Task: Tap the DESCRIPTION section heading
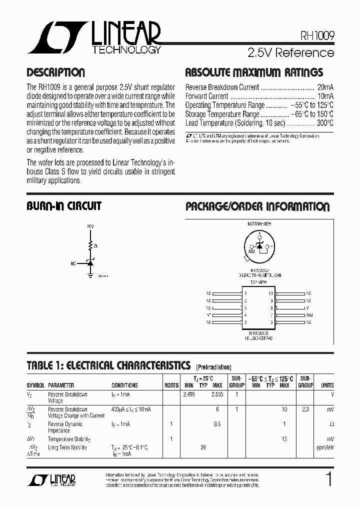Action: point(55,72)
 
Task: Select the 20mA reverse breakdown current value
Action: point(325,87)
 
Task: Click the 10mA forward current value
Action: point(325,96)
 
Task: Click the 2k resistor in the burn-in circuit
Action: point(91,246)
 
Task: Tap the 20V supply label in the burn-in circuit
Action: point(90,226)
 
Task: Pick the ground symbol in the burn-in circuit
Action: point(90,273)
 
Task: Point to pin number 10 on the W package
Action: point(271,293)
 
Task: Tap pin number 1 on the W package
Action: point(245,293)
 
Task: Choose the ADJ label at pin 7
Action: point(309,315)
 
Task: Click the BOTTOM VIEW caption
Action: point(258,224)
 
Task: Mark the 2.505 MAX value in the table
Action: point(217,394)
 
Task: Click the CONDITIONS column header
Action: point(124,385)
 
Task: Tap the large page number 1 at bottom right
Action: point(328,480)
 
